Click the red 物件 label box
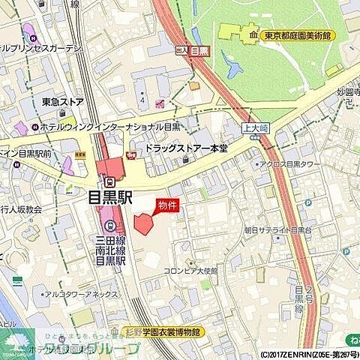pos(167,205)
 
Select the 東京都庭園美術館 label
pos(299,35)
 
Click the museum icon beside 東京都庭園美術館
pos(253,35)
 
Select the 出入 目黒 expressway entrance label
pos(191,51)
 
